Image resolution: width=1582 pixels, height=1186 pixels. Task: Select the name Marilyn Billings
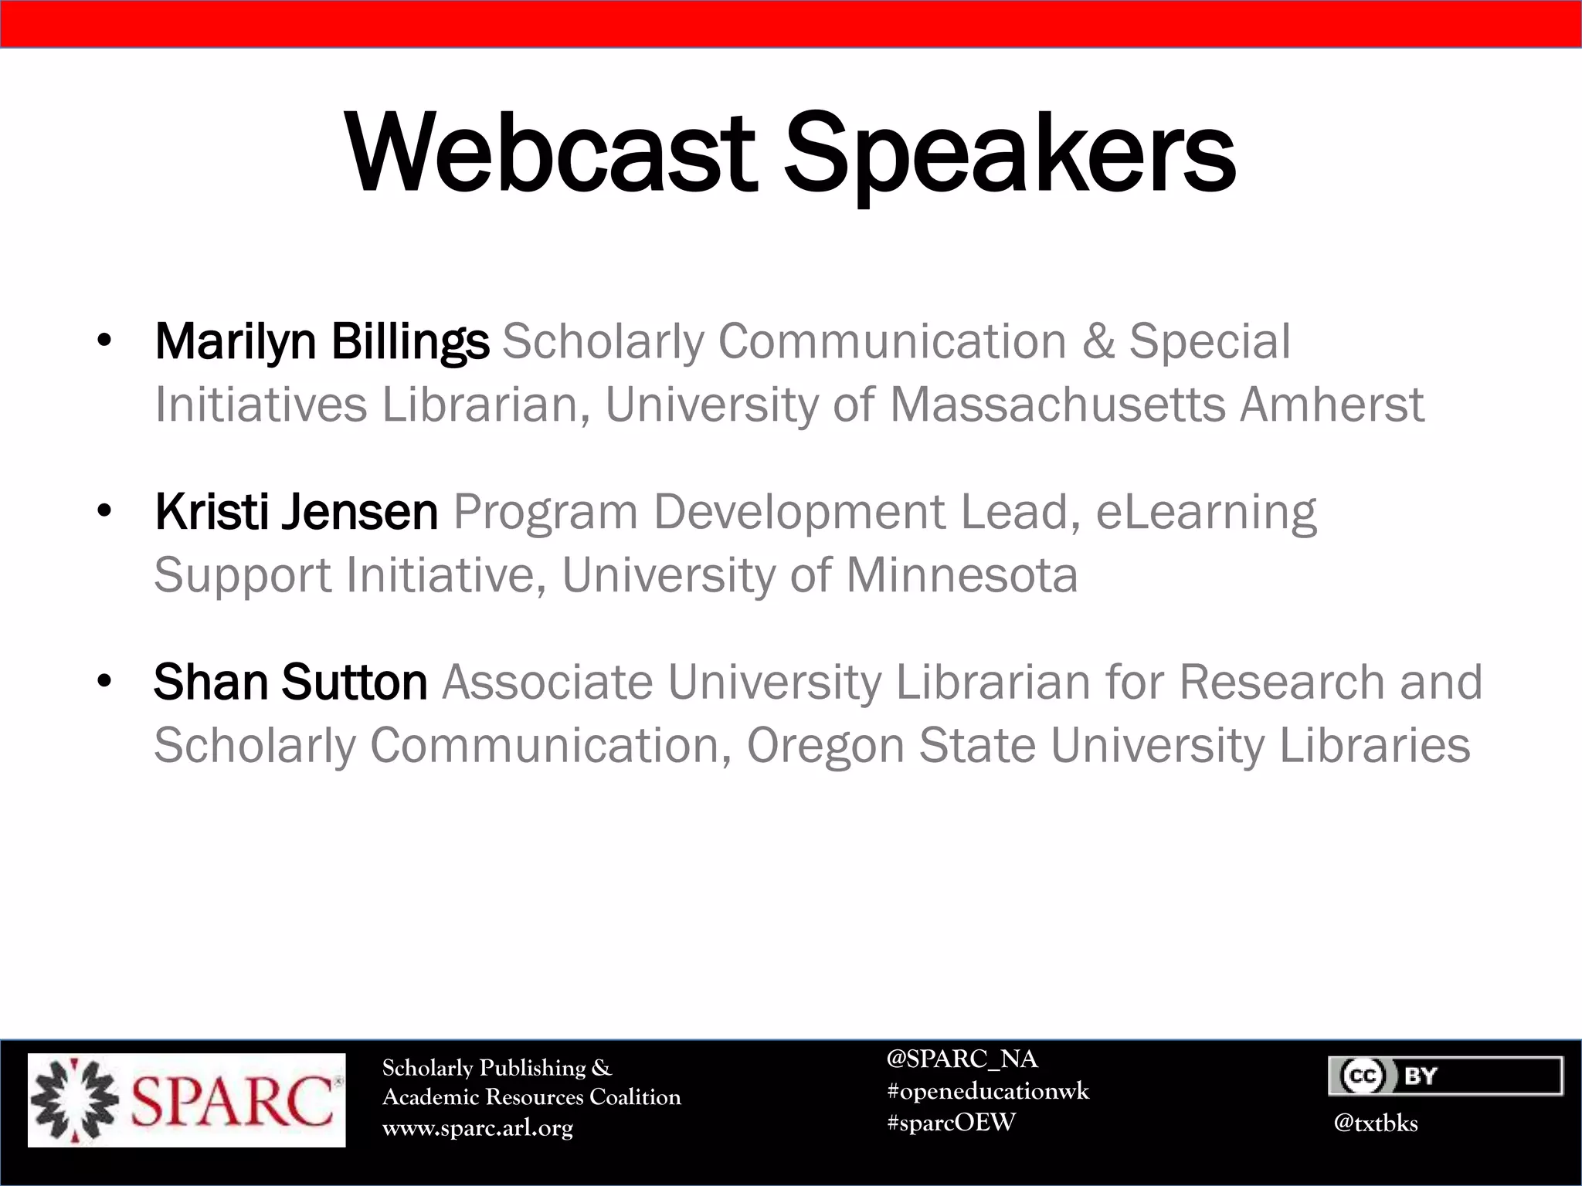point(321,341)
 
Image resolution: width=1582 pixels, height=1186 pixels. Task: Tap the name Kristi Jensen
point(296,512)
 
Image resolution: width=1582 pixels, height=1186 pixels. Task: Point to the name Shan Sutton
point(290,683)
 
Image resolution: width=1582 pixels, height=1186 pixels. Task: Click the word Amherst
point(1332,405)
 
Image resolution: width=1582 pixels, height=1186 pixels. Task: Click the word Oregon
point(825,746)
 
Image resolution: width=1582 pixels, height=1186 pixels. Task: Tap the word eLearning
point(1206,513)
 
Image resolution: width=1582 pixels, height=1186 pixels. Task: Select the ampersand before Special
point(1098,341)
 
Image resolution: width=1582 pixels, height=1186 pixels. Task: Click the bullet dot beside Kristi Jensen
point(104,512)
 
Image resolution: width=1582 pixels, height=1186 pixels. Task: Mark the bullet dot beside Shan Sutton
point(104,682)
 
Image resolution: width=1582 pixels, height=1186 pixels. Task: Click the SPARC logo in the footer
point(186,1100)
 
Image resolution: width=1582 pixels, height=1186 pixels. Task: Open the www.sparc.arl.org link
point(477,1128)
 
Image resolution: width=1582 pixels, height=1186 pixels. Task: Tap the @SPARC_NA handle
point(962,1059)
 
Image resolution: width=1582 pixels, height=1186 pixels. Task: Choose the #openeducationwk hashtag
point(988,1091)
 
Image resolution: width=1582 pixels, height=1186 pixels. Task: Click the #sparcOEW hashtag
point(951,1123)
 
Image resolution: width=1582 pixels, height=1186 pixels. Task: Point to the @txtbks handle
point(1375,1123)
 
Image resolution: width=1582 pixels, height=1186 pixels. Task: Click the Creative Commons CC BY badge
point(1445,1076)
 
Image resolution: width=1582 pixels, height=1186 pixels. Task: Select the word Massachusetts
point(1057,405)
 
